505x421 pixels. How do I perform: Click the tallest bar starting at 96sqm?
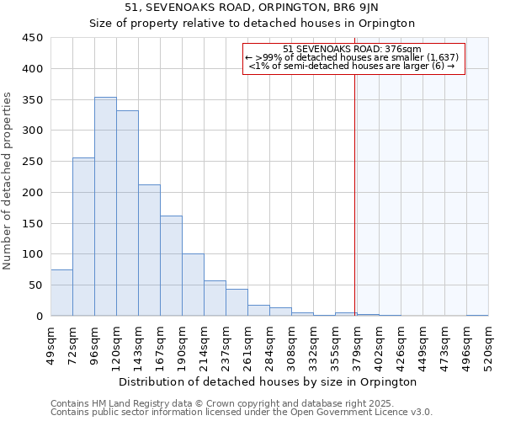tap(105, 206)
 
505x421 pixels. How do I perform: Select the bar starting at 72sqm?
tap(83, 237)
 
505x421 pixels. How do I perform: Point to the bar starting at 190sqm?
tap(193, 285)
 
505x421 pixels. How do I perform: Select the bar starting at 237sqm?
tap(237, 302)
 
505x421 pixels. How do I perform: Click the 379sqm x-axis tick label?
tap(358, 344)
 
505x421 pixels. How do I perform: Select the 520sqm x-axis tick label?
tap(489, 344)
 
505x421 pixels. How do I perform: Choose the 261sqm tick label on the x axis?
tap(248, 344)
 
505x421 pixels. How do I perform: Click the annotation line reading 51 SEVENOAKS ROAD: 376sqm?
tap(353, 49)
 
